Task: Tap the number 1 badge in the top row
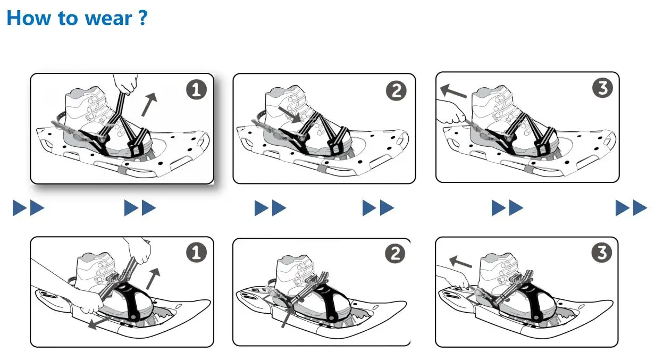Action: (196, 90)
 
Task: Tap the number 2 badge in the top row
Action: (396, 91)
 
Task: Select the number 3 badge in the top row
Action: (602, 88)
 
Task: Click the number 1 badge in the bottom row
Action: (196, 254)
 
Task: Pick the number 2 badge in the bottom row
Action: (394, 254)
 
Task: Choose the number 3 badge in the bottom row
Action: (601, 253)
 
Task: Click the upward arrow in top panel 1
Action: (149, 104)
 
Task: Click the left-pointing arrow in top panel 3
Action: (454, 92)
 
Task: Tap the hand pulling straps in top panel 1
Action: (127, 83)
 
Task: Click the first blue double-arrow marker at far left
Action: (28, 208)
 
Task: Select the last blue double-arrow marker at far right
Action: (631, 208)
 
